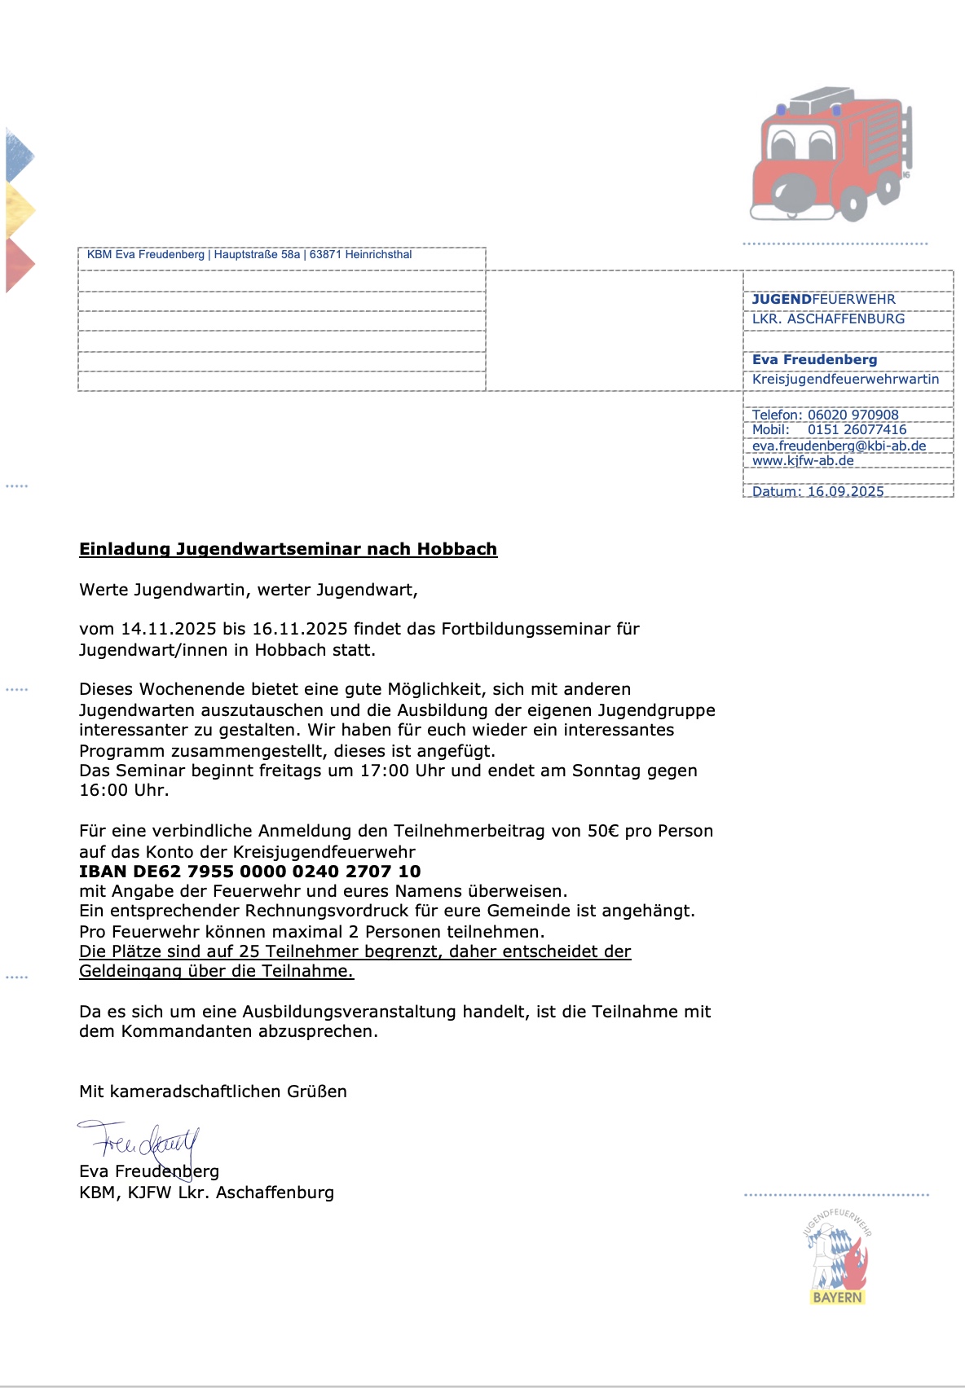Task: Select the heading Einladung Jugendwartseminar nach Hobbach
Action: pyautogui.click(x=288, y=549)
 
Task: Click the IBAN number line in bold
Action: pyautogui.click(x=249, y=872)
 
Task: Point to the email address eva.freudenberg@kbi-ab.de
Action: pyautogui.click(x=839, y=446)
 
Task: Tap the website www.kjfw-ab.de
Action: pyautogui.click(x=803, y=461)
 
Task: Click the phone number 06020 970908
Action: pyautogui.click(x=853, y=415)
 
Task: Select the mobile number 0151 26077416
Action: pyautogui.click(x=857, y=430)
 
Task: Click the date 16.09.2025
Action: pyautogui.click(x=845, y=491)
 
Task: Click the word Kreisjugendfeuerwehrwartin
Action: pyautogui.click(x=845, y=380)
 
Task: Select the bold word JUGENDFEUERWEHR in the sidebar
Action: pyautogui.click(x=823, y=300)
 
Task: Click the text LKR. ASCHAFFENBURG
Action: pyautogui.click(x=828, y=319)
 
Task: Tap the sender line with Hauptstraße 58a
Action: pyautogui.click(x=249, y=255)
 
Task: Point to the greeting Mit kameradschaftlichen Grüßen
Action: pyautogui.click(x=213, y=1092)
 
